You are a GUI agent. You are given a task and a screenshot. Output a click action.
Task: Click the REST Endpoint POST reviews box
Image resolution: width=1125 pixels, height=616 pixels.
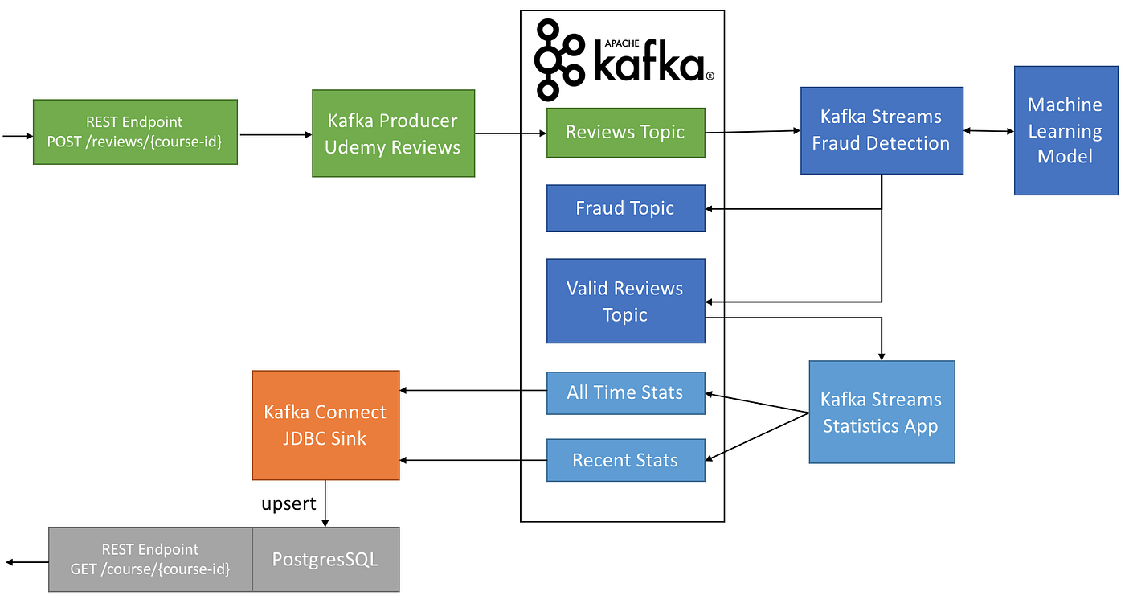click(x=135, y=132)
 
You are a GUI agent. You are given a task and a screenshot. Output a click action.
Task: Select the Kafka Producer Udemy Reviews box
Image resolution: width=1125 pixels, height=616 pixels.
click(x=393, y=133)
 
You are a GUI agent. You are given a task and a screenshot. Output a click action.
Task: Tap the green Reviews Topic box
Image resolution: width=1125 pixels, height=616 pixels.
click(x=625, y=133)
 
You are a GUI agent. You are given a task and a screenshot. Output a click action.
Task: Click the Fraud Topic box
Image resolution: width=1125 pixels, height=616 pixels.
click(x=625, y=208)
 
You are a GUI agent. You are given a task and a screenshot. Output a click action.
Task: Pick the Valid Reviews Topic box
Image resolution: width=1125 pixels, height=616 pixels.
click(x=625, y=301)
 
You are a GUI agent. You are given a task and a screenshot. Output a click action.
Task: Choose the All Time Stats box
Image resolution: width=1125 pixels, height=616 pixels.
click(x=625, y=392)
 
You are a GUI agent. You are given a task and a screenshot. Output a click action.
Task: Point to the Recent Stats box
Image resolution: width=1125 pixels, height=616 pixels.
click(x=625, y=460)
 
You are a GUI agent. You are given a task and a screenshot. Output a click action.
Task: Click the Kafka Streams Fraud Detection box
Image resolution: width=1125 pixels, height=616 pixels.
click(x=882, y=130)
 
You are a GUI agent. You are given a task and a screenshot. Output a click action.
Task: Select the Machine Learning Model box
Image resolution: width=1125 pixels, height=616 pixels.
click(x=1066, y=130)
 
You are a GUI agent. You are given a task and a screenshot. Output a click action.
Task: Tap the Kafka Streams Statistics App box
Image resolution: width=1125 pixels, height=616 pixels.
click(x=882, y=412)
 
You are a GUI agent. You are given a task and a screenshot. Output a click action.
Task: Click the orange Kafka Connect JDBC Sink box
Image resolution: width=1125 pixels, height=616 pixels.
click(x=325, y=425)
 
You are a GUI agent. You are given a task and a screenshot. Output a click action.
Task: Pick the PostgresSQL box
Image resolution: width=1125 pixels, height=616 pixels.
click(x=325, y=559)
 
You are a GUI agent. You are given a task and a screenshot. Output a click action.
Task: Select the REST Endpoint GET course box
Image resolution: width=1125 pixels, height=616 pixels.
click(x=150, y=559)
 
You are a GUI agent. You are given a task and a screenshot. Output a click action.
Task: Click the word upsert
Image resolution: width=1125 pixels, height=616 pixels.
click(x=288, y=504)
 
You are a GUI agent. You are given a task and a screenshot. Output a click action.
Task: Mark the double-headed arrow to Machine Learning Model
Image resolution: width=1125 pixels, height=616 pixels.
click(x=988, y=130)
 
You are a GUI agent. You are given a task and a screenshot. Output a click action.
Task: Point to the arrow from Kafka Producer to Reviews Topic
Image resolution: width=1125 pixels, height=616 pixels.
click(x=510, y=133)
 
